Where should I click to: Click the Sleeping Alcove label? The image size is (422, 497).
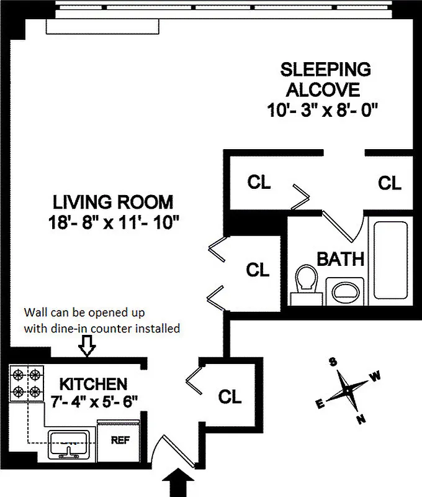pos(325,78)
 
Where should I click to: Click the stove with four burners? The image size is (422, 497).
pos(27,383)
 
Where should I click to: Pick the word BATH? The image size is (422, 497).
pos(340,258)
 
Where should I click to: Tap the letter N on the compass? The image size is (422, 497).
pos(361,418)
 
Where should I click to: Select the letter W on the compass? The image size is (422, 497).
pos(376,376)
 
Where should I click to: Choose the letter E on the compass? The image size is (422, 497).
pos(320,404)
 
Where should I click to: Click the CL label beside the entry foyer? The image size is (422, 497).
pos(230,397)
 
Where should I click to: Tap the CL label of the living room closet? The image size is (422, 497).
pos(258,270)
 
